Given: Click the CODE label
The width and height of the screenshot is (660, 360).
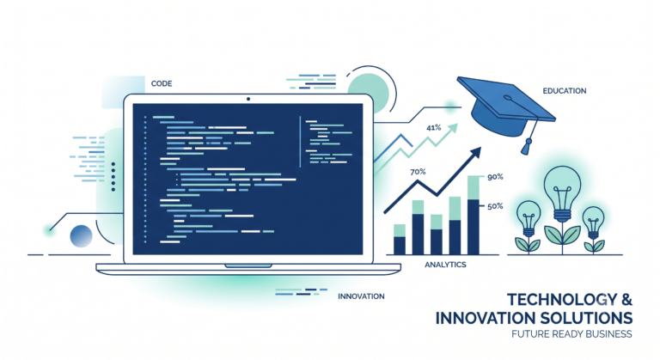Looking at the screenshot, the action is click(162, 83).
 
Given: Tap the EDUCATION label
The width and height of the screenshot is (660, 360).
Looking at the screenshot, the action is click(565, 90).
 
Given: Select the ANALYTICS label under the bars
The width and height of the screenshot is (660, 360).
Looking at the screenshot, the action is click(445, 265).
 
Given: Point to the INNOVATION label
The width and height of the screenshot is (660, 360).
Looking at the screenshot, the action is click(361, 296).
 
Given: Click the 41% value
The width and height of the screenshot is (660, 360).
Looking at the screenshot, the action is click(433, 127).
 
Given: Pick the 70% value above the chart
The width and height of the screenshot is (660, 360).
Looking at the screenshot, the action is click(418, 172).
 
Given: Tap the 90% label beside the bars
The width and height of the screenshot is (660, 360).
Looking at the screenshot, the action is click(495, 177).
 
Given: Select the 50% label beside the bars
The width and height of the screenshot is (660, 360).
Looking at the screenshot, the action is click(495, 206).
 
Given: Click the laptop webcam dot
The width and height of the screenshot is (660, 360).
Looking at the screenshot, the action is click(248, 99).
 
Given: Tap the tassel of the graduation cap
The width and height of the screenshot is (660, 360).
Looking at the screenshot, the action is click(526, 146).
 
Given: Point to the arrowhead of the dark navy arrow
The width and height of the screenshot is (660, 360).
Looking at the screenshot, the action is click(475, 152).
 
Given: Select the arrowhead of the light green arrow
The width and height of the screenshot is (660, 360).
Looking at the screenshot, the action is click(453, 127).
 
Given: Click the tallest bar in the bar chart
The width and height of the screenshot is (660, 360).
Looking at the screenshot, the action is click(474, 215).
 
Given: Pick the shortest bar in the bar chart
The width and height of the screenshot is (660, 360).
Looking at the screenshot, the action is click(400, 240).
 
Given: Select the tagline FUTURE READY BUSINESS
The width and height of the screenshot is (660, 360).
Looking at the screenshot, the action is click(571, 334).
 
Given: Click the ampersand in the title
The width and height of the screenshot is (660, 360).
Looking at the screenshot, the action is click(626, 299).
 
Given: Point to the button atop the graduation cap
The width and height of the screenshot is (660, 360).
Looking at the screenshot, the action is click(508, 98).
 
